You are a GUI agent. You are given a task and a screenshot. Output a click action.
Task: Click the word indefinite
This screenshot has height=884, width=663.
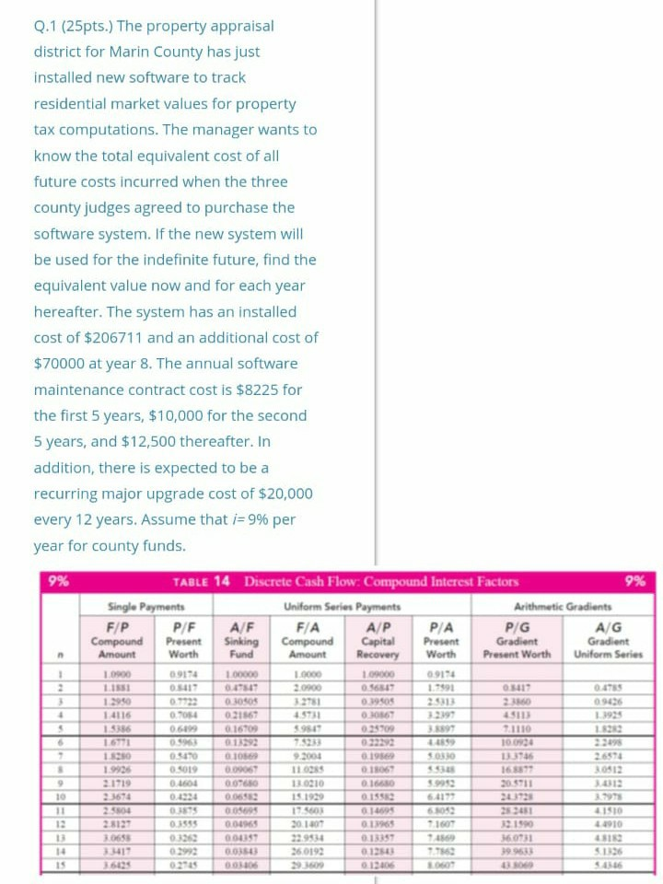tap(149, 260)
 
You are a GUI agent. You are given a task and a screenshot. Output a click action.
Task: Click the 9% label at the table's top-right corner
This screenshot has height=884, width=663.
tap(634, 581)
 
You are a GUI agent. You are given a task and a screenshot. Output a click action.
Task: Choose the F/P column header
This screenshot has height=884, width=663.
tap(117, 622)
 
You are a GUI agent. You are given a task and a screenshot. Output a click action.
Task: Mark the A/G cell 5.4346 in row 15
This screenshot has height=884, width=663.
tap(605, 866)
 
